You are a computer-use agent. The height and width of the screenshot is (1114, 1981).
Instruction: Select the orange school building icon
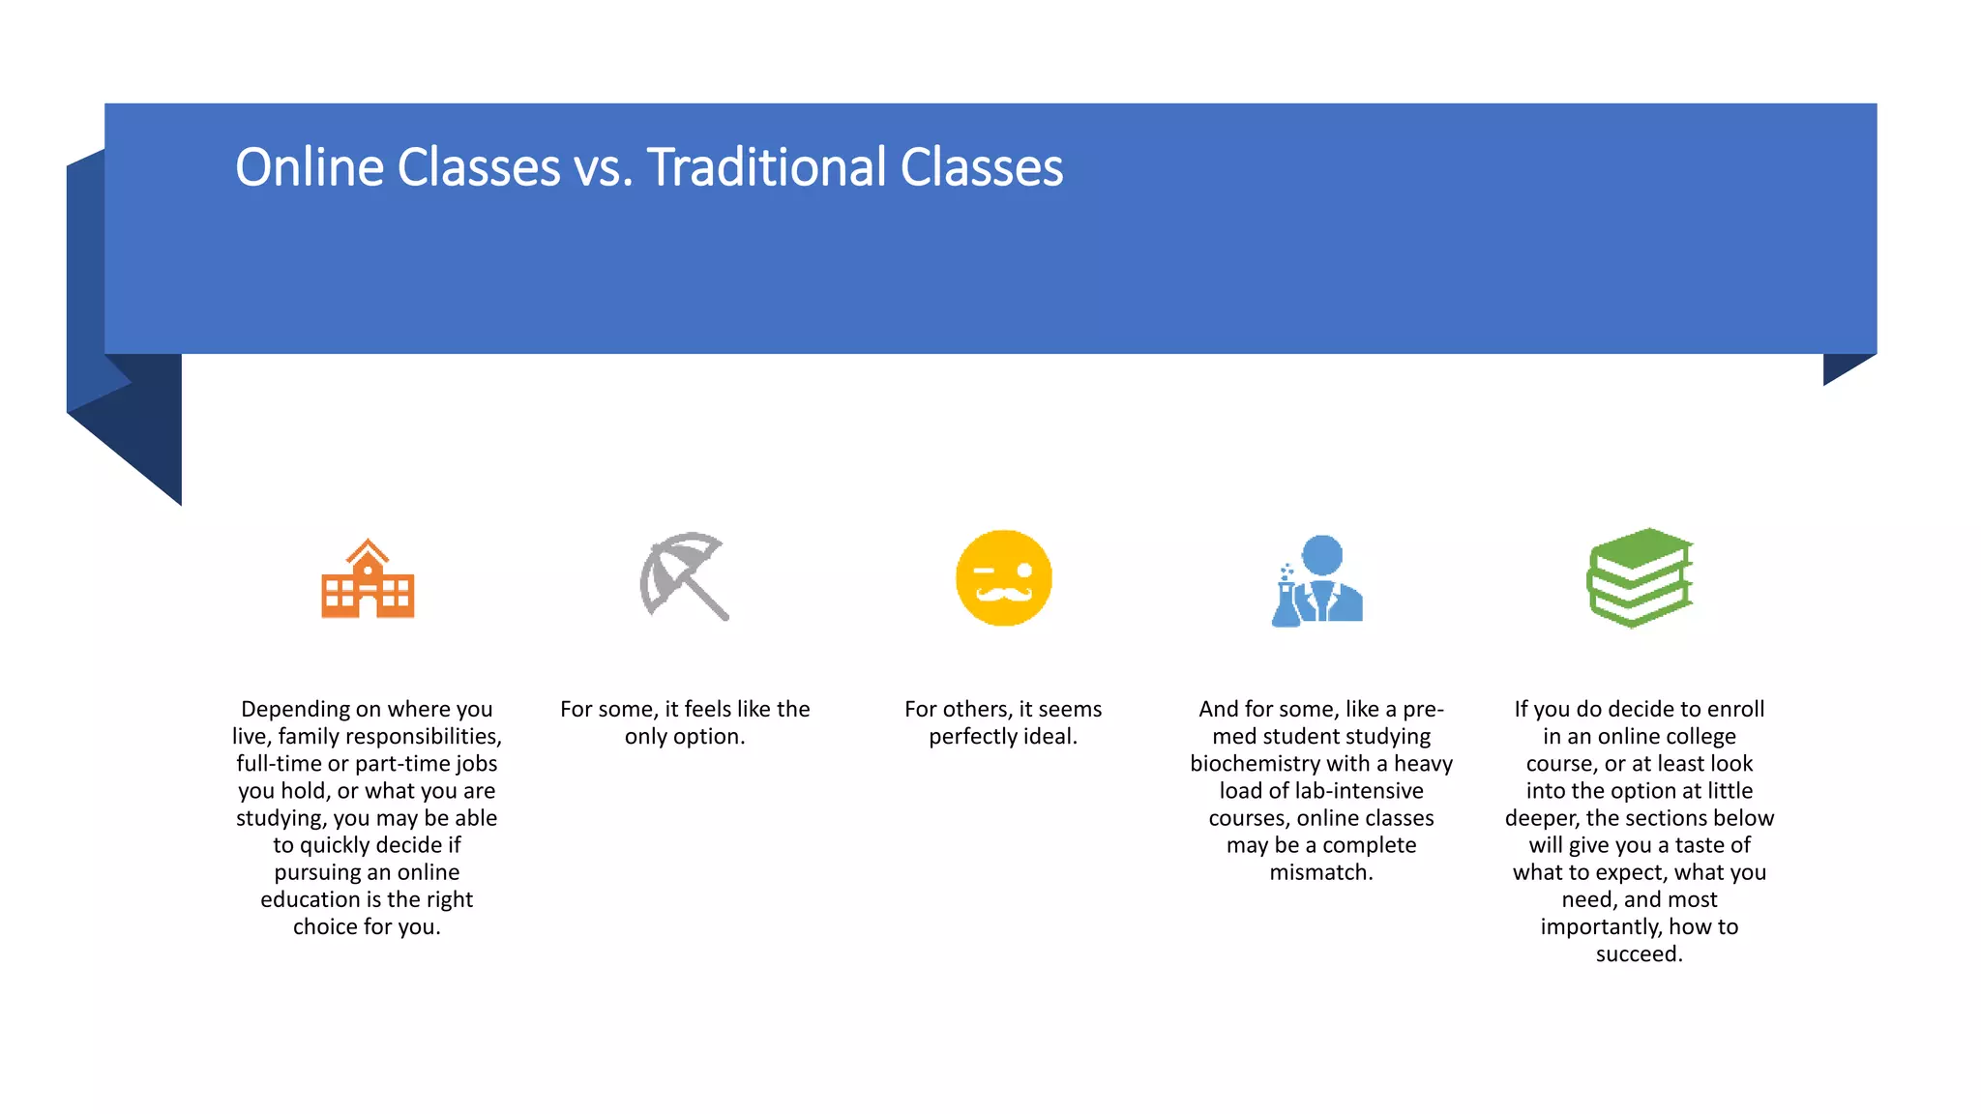[368, 579]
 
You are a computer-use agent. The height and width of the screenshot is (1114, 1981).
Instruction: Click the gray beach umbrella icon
[683, 576]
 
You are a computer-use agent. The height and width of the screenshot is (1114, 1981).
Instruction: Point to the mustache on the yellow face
[1003, 592]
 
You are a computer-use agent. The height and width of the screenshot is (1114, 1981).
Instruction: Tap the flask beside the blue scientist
[1286, 601]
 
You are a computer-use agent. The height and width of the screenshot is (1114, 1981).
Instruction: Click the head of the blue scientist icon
[1322, 555]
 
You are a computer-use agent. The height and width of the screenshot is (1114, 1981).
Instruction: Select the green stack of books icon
[1640, 577]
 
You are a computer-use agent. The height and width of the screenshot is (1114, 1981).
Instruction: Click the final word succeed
[1639, 954]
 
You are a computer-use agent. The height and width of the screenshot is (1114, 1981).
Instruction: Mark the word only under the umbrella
[645, 737]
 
